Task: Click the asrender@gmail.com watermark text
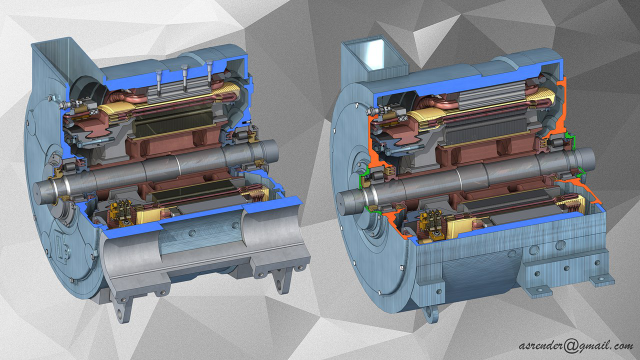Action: click(576, 346)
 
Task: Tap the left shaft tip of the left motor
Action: click(39, 191)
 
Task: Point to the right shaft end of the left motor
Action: click(272, 151)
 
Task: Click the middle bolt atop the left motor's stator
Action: click(185, 78)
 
